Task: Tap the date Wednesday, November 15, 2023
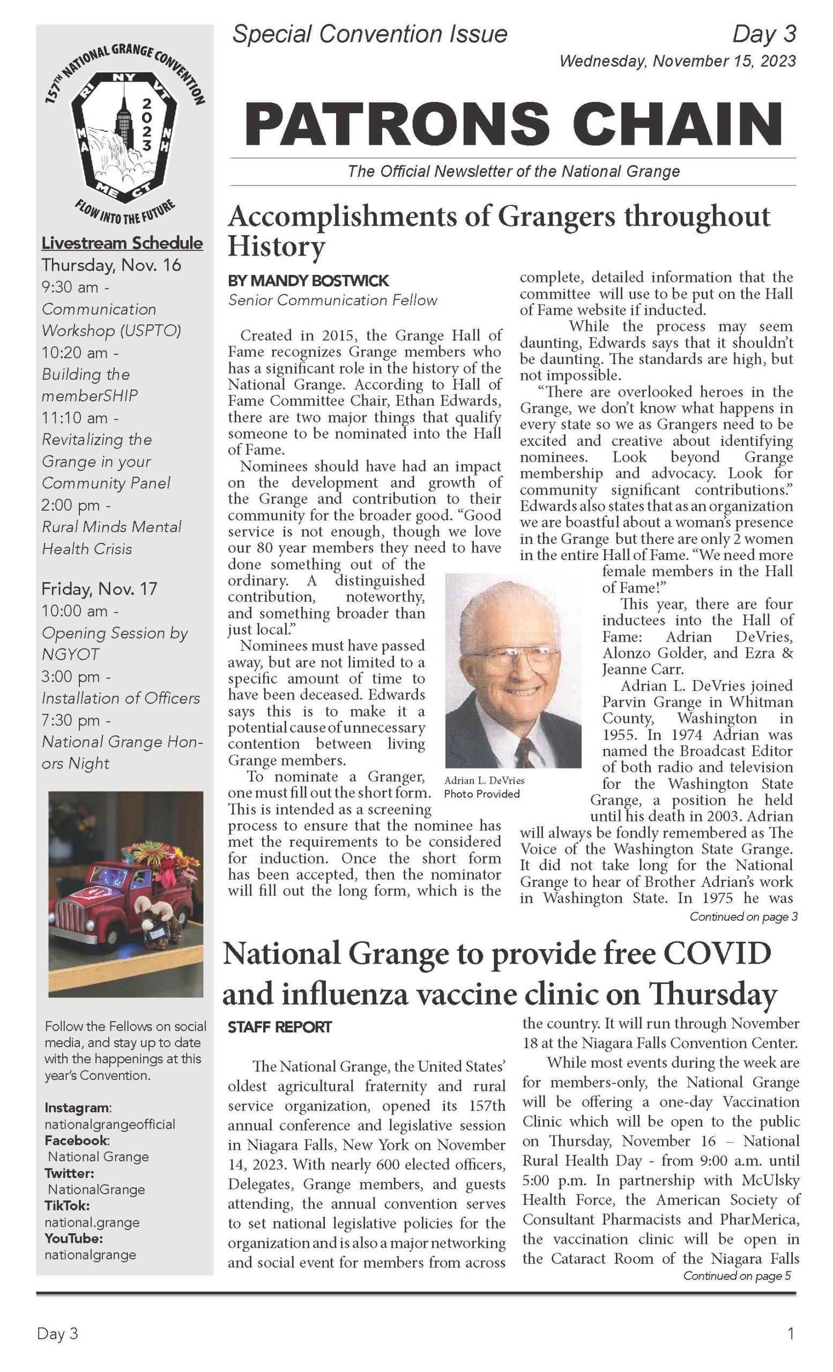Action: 677,61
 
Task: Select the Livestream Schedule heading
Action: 122,243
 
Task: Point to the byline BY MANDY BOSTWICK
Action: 308,281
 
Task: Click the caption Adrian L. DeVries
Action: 484,781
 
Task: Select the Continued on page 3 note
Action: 743,916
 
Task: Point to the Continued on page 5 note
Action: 737,1276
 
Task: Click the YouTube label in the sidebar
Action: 73,1239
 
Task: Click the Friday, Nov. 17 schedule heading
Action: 99,588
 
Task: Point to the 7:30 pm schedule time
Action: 76,720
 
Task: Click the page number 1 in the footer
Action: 790,1334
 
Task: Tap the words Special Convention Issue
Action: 370,34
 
